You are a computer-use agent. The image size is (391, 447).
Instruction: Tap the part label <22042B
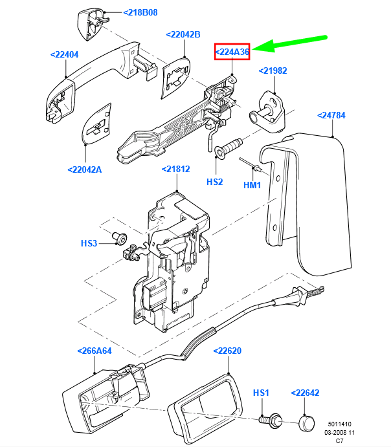pyautogui.click(x=183, y=34)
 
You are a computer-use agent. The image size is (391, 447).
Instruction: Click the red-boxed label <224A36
pyautogui.click(x=232, y=52)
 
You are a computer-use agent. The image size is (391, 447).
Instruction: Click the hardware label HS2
pyautogui.click(x=214, y=182)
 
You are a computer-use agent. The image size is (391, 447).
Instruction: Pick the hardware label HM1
pyautogui.click(x=252, y=185)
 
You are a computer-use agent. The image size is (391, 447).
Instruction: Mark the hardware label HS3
pyautogui.click(x=89, y=243)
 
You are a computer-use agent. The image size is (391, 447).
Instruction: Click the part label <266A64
pyautogui.click(x=95, y=351)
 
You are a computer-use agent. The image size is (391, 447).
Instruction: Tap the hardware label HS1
pyautogui.click(x=261, y=393)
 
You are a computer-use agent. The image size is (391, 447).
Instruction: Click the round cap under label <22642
pyautogui.click(x=305, y=422)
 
